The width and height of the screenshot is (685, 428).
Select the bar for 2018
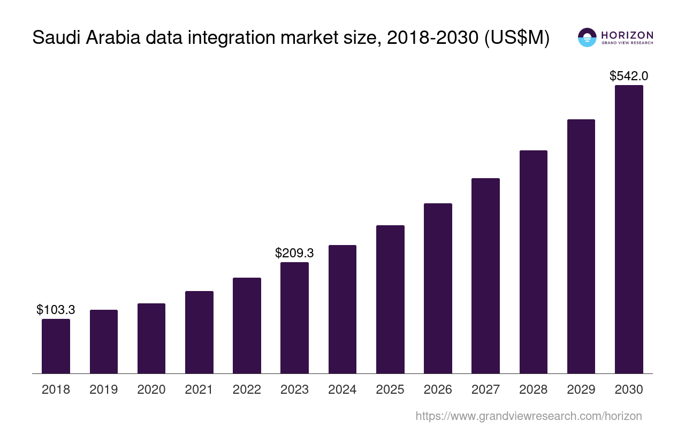pyautogui.click(x=56, y=346)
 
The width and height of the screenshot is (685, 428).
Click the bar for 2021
pyautogui.click(x=199, y=332)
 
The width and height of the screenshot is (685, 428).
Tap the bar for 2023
pyautogui.click(x=294, y=318)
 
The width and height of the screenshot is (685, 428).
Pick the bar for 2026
pyautogui.click(x=438, y=288)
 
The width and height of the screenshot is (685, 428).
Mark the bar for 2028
pyautogui.click(x=533, y=262)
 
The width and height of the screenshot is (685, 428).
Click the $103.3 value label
pyautogui.click(x=56, y=310)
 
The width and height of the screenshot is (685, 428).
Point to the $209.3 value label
pyautogui.click(x=294, y=253)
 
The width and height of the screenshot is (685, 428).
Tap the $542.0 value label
pyautogui.click(x=629, y=76)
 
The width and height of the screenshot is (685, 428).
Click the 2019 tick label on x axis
pyautogui.click(x=103, y=389)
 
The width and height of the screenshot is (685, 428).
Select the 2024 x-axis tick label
pyautogui.click(x=342, y=389)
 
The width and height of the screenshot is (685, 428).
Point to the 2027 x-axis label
pyautogui.click(x=485, y=389)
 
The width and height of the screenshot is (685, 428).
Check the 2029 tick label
pyautogui.click(x=581, y=389)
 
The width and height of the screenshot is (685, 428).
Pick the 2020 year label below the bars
pyautogui.click(x=151, y=389)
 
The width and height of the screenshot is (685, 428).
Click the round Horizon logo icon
pyautogui.click(x=587, y=37)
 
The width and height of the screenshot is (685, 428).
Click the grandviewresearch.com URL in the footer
pyautogui.click(x=528, y=416)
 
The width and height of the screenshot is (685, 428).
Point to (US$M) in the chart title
pyautogui.click(x=517, y=38)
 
